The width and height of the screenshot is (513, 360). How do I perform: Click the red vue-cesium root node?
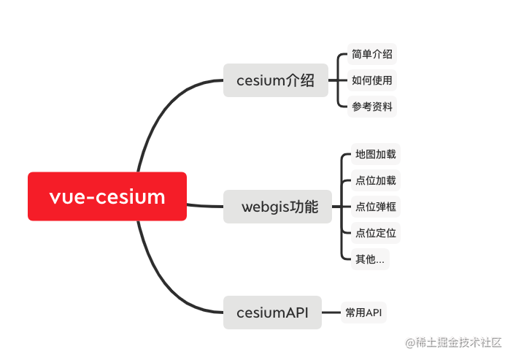pyautogui.click(x=107, y=196)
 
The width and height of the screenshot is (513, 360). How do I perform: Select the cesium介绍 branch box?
pyautogui.click(x=275, y=80)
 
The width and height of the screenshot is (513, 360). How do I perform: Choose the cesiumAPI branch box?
pyautogui.click(x=272, y=313)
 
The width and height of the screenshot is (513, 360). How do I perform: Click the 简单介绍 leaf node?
pyautogui.click(x=371, y=54)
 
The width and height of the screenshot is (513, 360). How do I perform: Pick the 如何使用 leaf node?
pyautogui.click(x=371, y=80)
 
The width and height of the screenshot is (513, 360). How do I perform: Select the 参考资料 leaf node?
pyautogui.click(x=371, y=107)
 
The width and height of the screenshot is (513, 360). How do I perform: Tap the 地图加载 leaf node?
pyautogui.click(x=375, y=154)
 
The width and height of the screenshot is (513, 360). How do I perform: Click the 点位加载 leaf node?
pyautogui.click(x=375, y=180)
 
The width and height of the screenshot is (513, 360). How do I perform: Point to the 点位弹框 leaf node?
pyautogui.click(x=375, y=207)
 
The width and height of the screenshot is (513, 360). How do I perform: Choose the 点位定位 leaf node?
pyautogui.click(x=375, y=233)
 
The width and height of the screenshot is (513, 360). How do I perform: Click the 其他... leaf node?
pyautogui.click(x=370, y=259)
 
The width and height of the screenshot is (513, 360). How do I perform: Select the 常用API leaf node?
pyautogui.click(x=363, y=313)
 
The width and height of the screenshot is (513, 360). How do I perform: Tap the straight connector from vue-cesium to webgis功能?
pyautogui.click(x=205, y=204)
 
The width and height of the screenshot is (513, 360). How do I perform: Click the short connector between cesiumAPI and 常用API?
pyautogui.click(x=331, y=313)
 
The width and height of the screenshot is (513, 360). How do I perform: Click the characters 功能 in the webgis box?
pyautogui.click(x=304, y=207)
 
